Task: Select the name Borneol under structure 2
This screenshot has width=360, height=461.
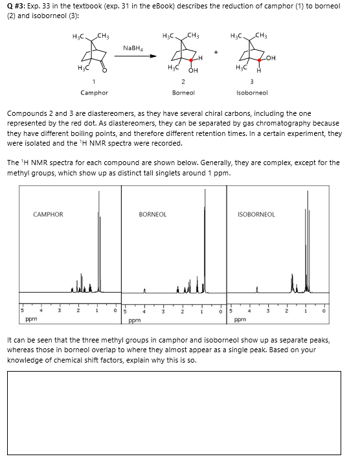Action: click(x=183, y=93)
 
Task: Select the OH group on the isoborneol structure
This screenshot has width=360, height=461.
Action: click(x=269, y=58)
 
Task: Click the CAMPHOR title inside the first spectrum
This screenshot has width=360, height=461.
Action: click(x=48, y=214)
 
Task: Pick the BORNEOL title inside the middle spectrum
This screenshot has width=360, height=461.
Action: click(x=153, y=214)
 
